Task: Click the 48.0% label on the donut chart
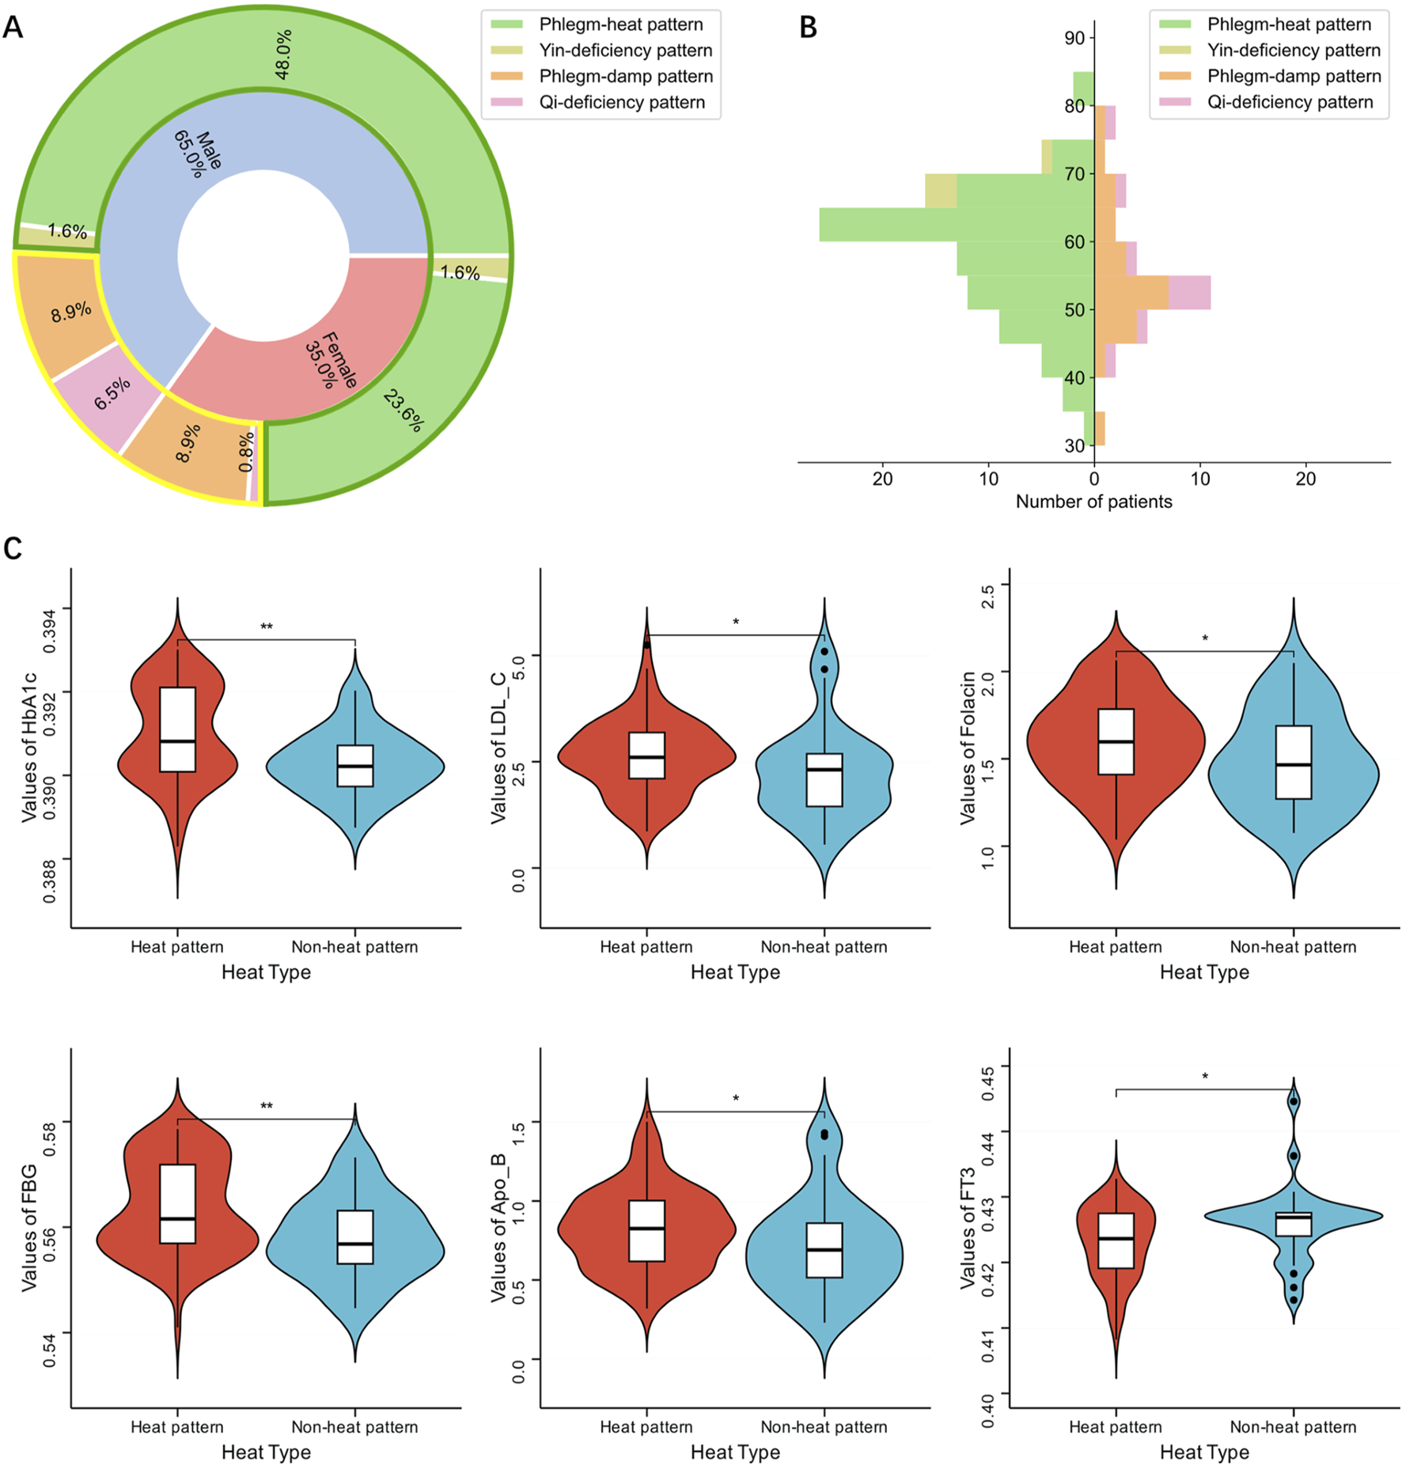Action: click(284, 54)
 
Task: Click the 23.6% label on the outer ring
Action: click(404, 410)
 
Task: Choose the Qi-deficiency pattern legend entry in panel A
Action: click(621, 103)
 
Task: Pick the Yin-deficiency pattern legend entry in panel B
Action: click(1293, 51)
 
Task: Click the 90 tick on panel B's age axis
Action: click(1074, 38)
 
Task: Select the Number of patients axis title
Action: click(1093, 502)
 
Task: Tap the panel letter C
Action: click(13, 548)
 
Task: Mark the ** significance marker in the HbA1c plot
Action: click(267, 628)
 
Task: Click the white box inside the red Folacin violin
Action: click(1116, 741)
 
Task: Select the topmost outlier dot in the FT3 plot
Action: click(1293, 1101)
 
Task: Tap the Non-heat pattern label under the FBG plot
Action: click(354, 1427)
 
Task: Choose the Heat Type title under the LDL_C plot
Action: click(735, 972)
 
